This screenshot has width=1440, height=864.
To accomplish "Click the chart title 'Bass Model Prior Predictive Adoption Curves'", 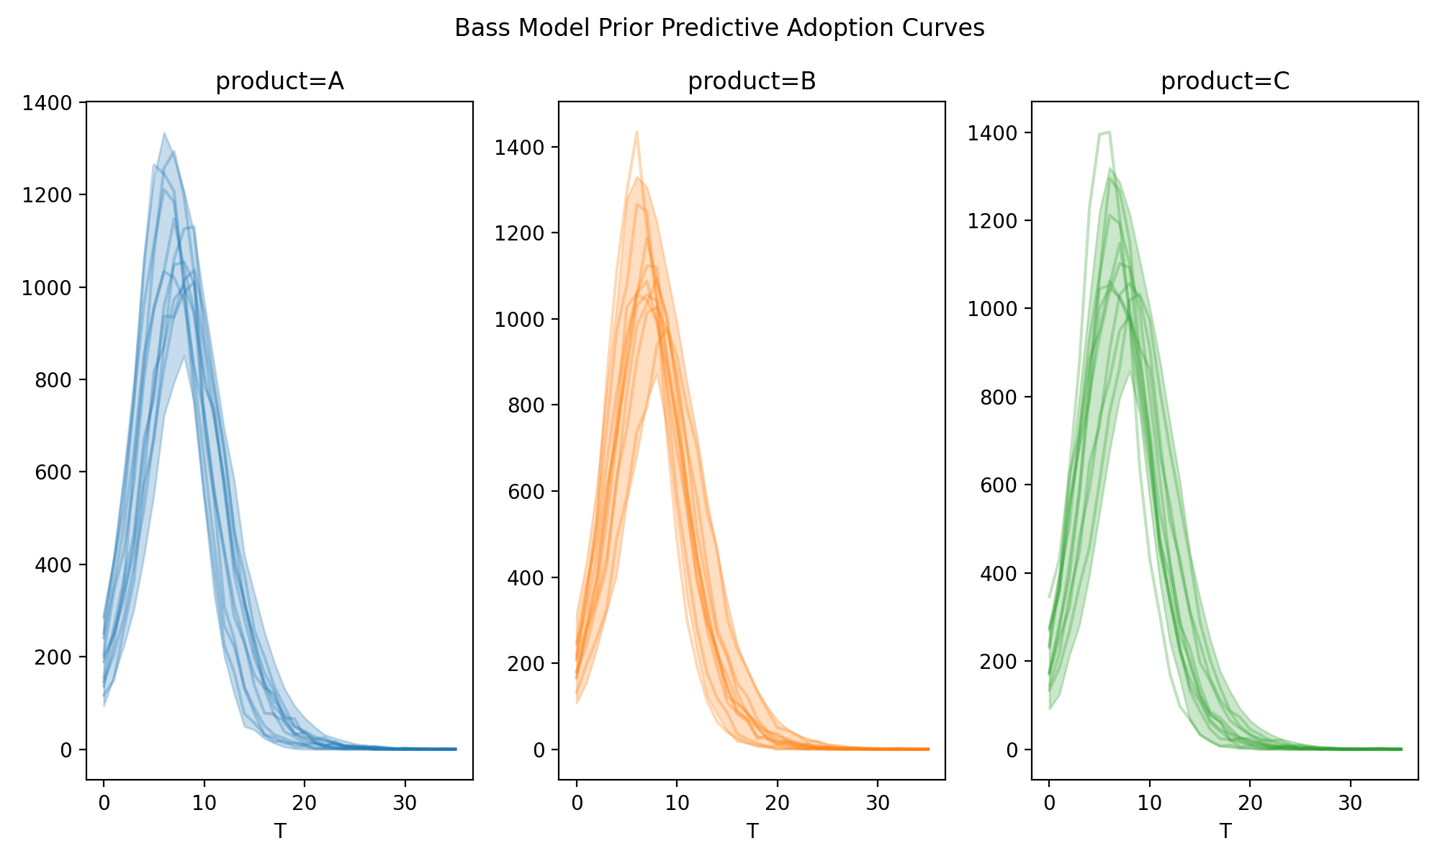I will [x=719, y=28].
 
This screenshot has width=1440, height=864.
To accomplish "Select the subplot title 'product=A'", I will [x=279, y=82].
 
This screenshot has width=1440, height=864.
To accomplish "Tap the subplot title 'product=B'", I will [x=752, y=82].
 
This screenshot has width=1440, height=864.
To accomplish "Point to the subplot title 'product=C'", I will [x=1225, y=82].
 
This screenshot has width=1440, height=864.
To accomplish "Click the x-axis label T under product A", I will [x=279, y=832].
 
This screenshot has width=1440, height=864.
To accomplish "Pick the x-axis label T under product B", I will [x=752, y=832].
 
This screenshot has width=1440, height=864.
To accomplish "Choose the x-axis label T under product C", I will [x=1225, y=832].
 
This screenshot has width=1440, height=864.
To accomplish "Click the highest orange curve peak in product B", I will [x=637, y=132].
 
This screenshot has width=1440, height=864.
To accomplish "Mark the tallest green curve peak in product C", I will [x=1110, y=132].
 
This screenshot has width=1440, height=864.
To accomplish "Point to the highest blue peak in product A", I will [x=164, y=133].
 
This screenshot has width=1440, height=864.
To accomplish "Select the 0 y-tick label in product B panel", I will [x=539, y=750].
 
